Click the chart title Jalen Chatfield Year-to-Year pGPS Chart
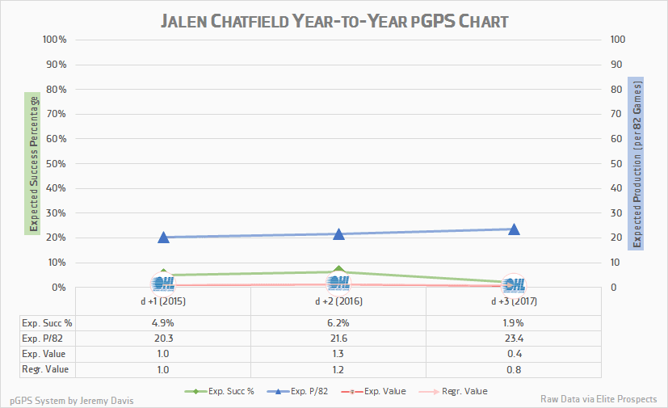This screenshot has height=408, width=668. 334,20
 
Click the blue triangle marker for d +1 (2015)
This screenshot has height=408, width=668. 163,237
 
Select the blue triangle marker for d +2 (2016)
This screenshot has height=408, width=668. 339,233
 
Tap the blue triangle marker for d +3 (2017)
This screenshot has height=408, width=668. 514,229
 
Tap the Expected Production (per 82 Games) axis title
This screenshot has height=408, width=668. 636,162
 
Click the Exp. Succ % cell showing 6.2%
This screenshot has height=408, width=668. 338,322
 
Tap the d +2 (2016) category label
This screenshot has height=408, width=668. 338,301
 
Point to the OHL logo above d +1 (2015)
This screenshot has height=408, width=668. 163,283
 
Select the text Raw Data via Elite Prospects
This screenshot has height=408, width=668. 599,400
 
